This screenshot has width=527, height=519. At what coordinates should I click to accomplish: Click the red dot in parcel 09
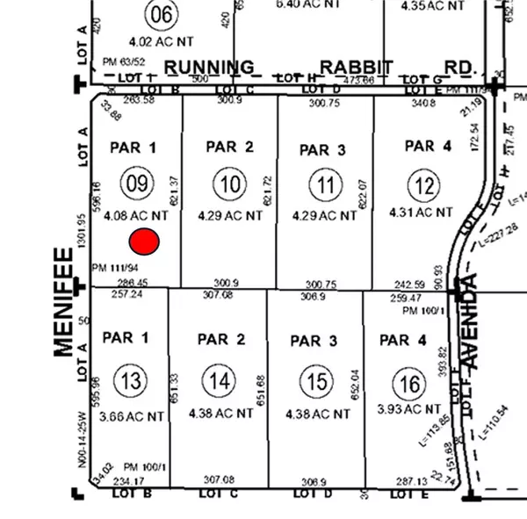(144, 241)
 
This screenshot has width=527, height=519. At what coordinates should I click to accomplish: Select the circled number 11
(325, 184)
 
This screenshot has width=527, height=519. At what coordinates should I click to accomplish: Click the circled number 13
(132, 380)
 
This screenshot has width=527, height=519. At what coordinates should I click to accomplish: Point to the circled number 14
(218, 380)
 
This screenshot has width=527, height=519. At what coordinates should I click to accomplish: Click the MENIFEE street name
(63, 302)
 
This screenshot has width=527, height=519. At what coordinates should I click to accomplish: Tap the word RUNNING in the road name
(210, 67)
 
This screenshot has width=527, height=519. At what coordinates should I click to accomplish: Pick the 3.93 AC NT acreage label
(408, 409)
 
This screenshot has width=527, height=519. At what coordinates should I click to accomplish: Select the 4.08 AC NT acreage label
(135, 213)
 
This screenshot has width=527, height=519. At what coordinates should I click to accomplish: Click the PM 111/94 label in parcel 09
(115, 267)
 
